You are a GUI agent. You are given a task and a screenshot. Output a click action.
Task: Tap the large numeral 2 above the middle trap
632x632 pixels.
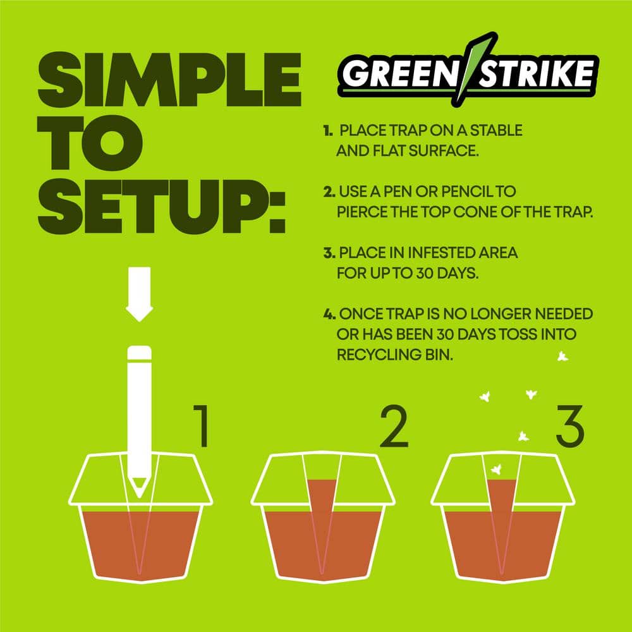tap(394, 427)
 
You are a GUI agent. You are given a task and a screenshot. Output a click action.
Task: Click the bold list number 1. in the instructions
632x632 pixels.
tap(328, 131)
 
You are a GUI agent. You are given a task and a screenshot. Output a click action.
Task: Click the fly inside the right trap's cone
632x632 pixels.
tap(497, 469)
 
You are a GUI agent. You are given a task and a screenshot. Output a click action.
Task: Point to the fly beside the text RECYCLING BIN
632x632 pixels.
tap(562, 357)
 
